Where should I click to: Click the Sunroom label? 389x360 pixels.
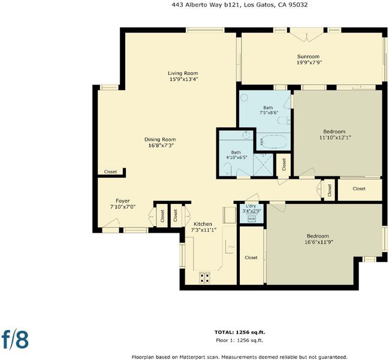[x=308, y=56]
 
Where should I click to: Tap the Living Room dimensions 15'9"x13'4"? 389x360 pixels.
[x=183, y=79]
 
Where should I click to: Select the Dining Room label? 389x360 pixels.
[x=160, y=139]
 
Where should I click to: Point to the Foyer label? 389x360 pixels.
[x=122, y=200]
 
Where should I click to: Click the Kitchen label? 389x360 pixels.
[x=203, y=224]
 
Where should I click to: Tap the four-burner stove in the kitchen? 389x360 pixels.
[x=205, y=278]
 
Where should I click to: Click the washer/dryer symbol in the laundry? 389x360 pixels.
[x=252, y=219]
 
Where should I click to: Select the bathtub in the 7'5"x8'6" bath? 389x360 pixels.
[x=273, y=142]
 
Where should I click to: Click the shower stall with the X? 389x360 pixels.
[x=263, y=164]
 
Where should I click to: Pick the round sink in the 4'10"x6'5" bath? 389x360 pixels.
[x=246, y=135]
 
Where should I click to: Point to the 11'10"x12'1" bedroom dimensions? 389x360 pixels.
[x=335, y=137]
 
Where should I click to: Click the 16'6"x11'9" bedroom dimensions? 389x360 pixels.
[x=319, y=242]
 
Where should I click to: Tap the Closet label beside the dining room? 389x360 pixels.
[x=110, y=172]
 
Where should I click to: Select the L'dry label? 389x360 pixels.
[x=251, y=206]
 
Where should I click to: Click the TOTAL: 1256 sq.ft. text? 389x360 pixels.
[x=240, y=332]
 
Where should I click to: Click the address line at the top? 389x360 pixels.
[x=239, y=5]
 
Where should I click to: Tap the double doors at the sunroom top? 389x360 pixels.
[x=307, y=35]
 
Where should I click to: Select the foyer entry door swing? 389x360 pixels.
[x=111, y=223]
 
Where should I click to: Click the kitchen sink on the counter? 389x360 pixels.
[x=230, y=247]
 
